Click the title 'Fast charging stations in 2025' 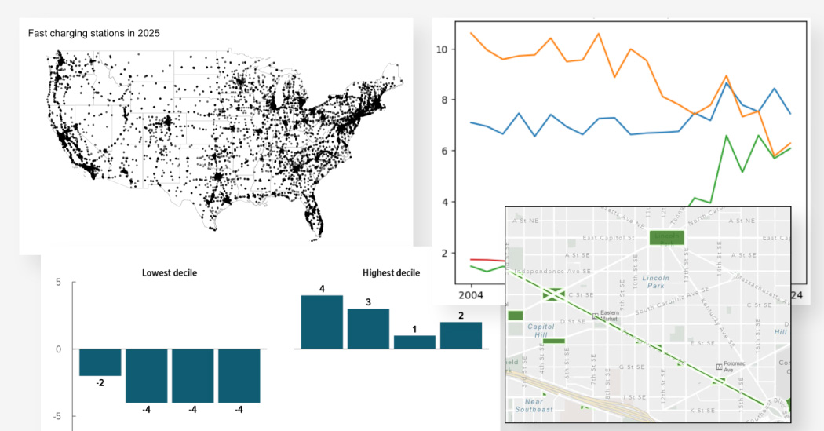pyautogui.click(x=93, y=33)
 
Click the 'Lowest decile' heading pyautogui.click(x=170, y=273)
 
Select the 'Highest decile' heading pyautogui.click(x=391, y=273)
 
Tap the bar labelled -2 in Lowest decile pyautogui.click(x=100, y=362)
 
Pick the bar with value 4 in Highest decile pyautogui.click(x=322, y=322)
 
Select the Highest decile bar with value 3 pyautogui.click(x=368, y=328)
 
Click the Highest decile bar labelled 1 pyautogui.click(x=414, y=342)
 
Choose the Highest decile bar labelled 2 pyautogui.click(x=461, y=335)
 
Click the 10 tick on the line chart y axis pyautogui.click(x=441, y=49)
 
